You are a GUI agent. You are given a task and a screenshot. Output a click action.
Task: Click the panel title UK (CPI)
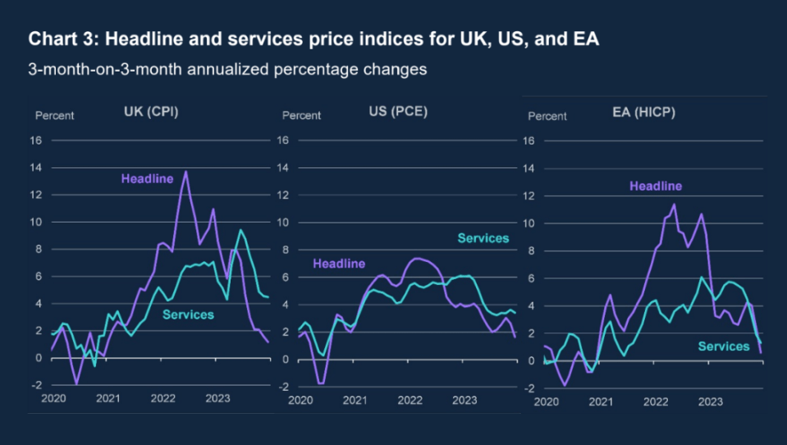[x=151, y=112]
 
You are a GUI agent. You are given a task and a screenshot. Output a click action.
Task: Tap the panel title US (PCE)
[x=398, y=112]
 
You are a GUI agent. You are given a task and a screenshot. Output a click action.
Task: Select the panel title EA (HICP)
[x=643, y=112]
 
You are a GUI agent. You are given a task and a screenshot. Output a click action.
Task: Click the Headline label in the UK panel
[x=147, y=179]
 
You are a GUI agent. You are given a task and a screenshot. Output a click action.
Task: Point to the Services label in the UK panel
[x=188, y=315]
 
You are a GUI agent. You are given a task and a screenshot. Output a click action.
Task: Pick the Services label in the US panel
[x=483, y=238]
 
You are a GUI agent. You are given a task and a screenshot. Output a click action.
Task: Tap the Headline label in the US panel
[x=339, y=264]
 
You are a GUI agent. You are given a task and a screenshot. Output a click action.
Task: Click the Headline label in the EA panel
[x=656, y=186]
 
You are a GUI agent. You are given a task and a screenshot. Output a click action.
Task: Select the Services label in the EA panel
[x=724, y=346]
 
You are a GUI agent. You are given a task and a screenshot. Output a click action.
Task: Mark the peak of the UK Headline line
[x=186, y=172]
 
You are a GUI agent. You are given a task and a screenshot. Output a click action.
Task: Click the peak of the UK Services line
[x=241, y=230]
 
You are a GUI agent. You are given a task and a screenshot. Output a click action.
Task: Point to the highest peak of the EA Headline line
[x=674, y=204]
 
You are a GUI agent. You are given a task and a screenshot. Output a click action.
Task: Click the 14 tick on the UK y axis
[x=35, y=167]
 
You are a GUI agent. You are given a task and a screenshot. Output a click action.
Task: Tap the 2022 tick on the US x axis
[x=410, y=401]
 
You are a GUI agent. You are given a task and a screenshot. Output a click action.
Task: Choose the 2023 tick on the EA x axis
[x=710, y=401]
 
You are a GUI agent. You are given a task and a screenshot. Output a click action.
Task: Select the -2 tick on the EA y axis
[x=529, y=388]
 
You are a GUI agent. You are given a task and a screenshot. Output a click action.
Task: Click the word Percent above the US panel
[x=301, y=116]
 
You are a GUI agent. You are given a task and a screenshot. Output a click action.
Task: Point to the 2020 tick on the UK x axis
[x=53, y=399]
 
